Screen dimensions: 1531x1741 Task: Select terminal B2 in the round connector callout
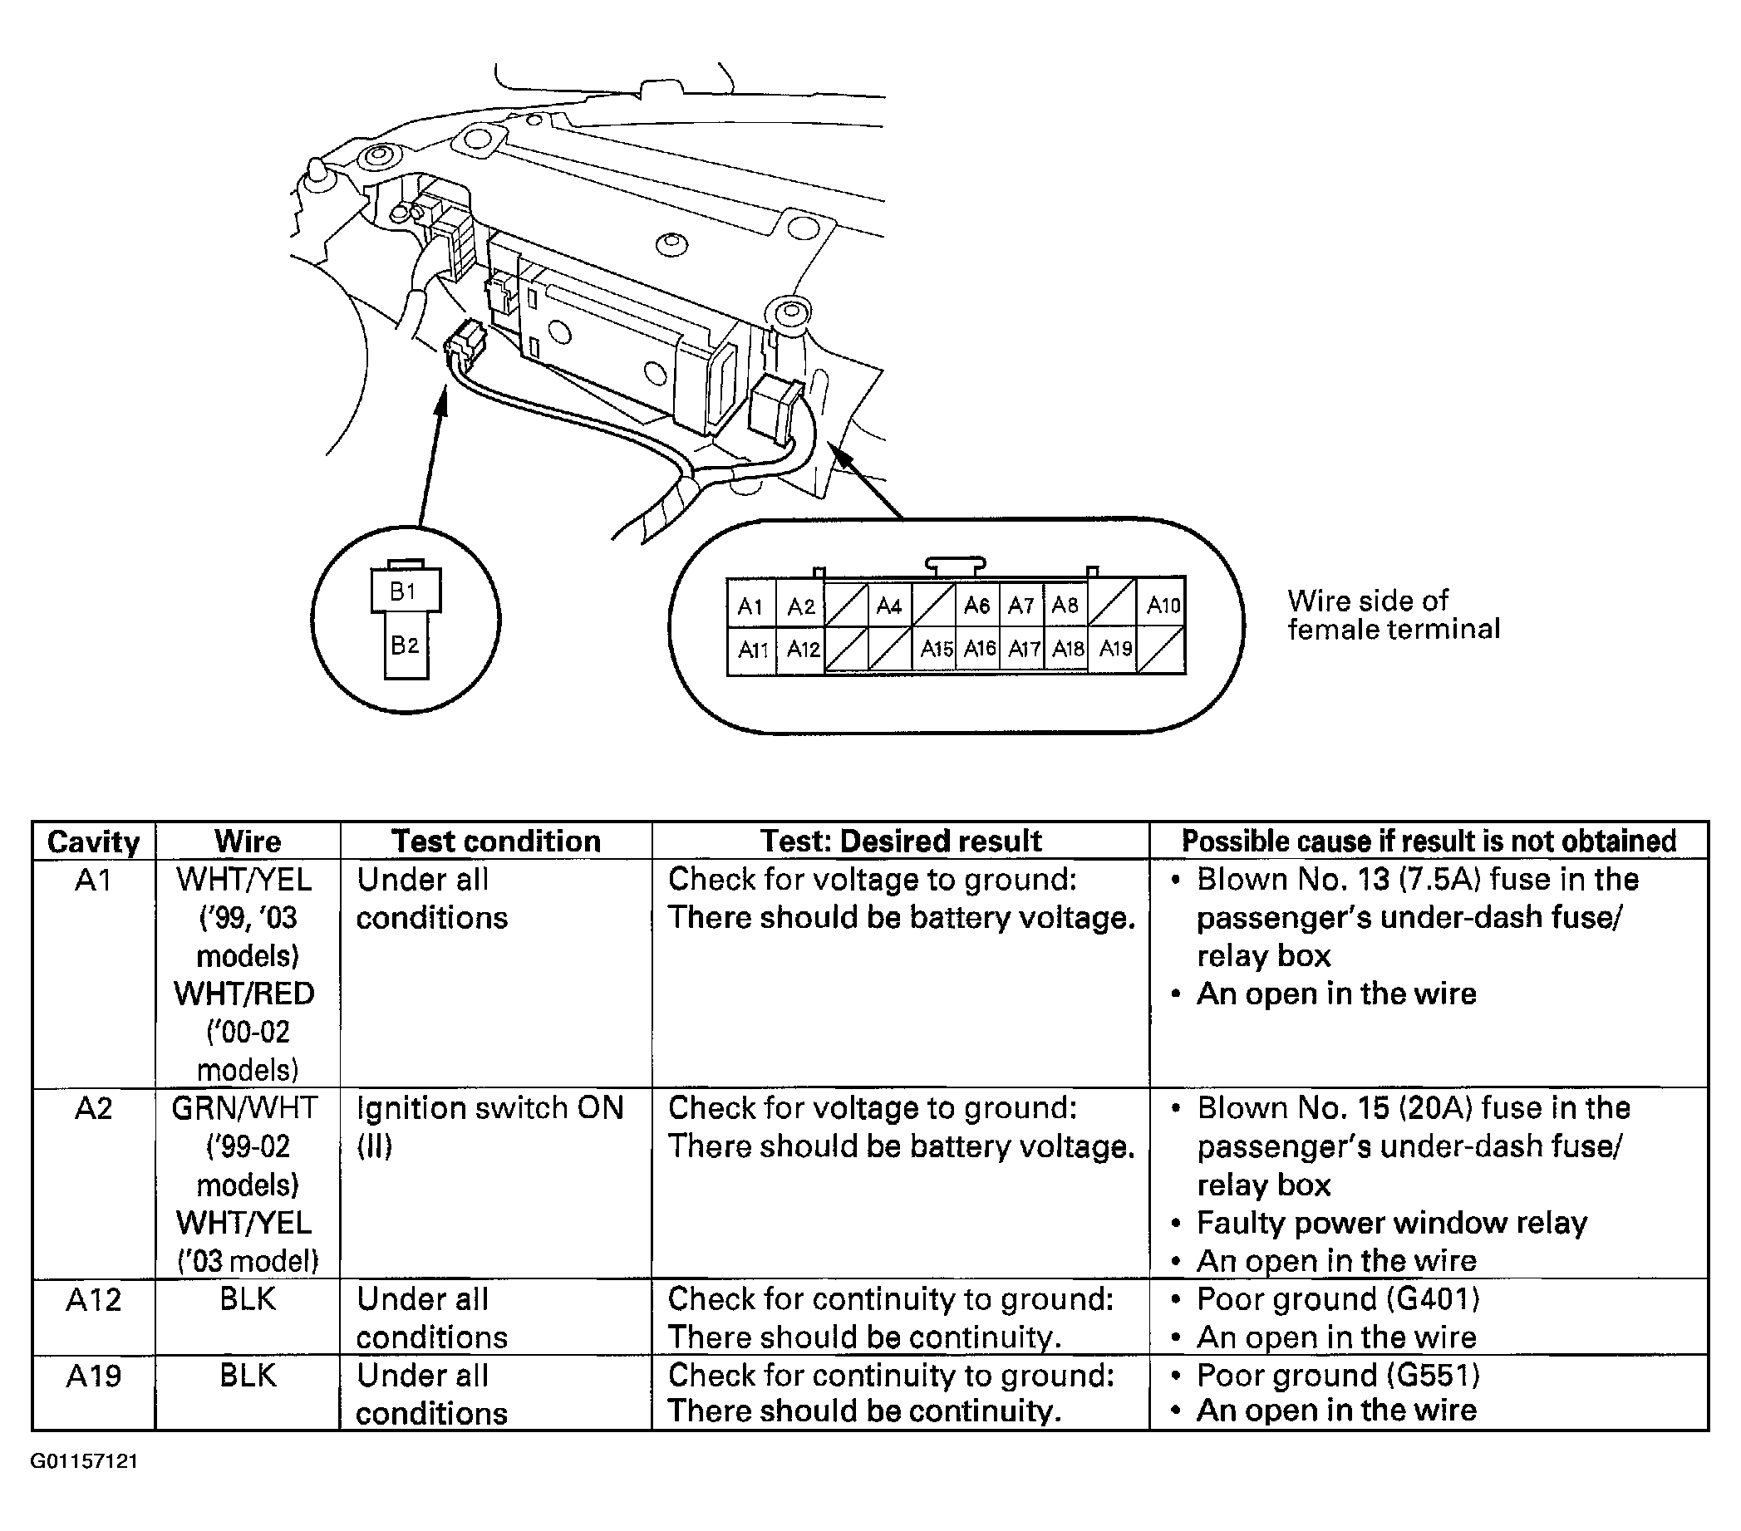click(406, 645)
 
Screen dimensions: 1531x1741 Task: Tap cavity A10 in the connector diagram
click(1162, 606)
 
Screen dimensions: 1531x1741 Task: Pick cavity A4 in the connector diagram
click(888, 606)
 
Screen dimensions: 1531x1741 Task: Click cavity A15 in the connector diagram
click(935, 650)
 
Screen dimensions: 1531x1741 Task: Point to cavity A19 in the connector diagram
click(1115, 650)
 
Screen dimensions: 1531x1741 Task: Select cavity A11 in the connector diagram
click(752, 650)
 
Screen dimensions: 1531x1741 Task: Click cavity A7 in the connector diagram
click(1021, 606)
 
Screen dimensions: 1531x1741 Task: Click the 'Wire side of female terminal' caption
click(1393, 615)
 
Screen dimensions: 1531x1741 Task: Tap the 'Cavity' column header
click(94, 842)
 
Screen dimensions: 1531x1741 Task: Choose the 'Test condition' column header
click(496, 842)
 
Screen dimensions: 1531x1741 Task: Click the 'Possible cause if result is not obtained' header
click(1429, 842)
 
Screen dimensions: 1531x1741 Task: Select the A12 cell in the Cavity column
click(94, 1300)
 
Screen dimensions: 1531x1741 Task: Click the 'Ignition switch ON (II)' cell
click(489, 1126)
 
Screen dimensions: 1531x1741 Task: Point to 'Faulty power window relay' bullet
click(1391, 1223)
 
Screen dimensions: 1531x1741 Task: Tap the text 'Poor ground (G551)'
click(1337, 1375)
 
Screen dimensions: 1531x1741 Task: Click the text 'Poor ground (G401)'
click(1337, 1299)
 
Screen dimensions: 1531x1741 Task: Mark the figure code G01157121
click(84, 1461)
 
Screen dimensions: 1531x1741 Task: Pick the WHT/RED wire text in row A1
click(244, 994)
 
